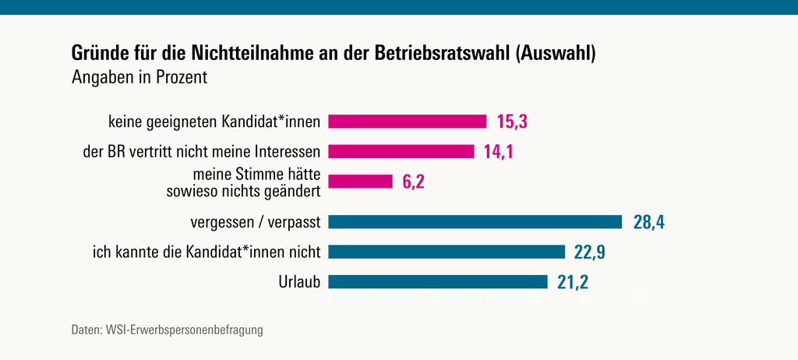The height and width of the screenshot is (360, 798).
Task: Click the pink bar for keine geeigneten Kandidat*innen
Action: coord(407,122)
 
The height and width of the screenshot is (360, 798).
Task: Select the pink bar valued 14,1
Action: coord(401,151)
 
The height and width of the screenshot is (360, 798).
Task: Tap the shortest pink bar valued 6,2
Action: coord(360,182)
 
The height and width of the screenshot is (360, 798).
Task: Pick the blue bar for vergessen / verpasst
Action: coord(475,222)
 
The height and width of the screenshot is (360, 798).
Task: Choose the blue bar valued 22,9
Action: coord(446,252)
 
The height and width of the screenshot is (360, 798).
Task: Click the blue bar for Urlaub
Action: coord(437,281)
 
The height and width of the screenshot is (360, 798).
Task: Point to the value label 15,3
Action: coord(513,122)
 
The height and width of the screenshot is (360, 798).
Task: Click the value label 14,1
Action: coord(500,151)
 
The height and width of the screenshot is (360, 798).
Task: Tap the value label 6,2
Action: coord(414,182)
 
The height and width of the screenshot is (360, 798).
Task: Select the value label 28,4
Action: coord(648,222)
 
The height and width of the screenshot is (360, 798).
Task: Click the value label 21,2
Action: coord(573,281)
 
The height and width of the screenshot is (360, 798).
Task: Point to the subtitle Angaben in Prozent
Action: coord(139,78)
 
